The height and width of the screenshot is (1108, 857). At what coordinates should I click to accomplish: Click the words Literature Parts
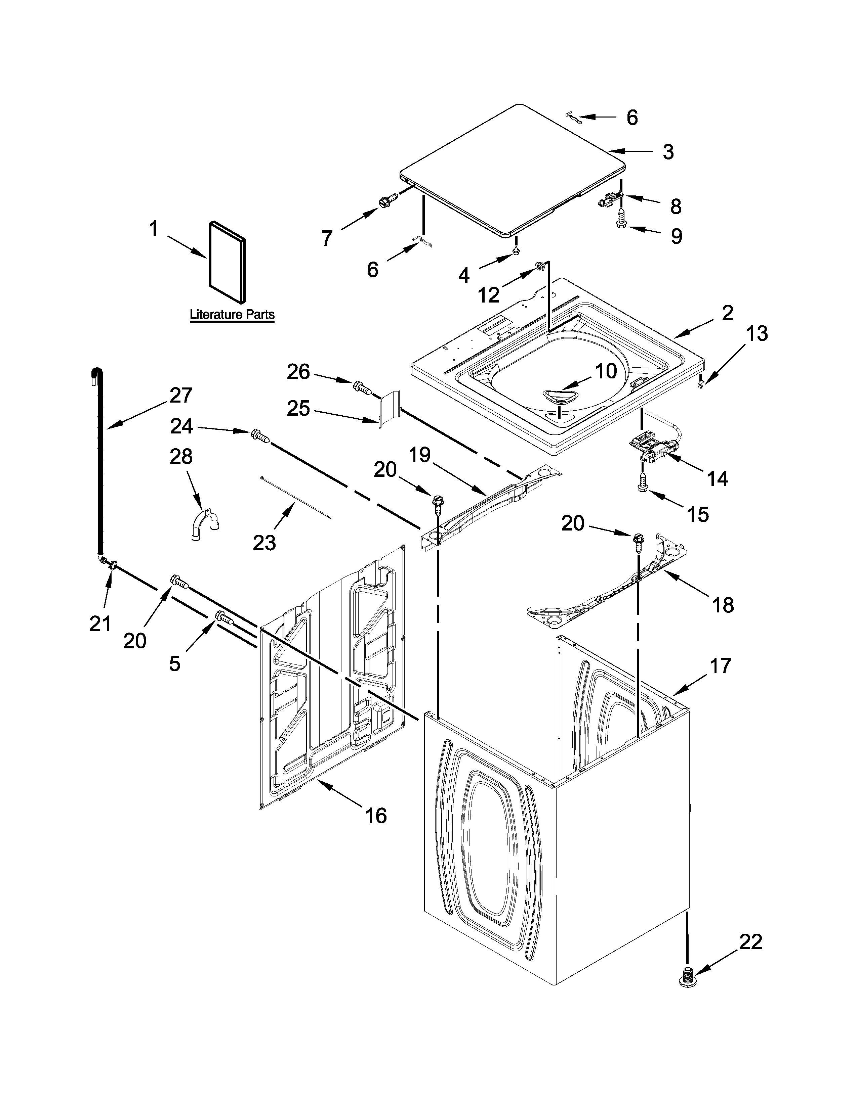(232, 315)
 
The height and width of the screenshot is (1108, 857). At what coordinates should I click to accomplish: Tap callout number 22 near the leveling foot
(750, 942)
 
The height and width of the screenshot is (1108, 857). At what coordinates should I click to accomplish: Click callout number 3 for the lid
(668, 152)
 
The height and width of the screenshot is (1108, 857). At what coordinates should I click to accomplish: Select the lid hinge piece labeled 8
(611, 199)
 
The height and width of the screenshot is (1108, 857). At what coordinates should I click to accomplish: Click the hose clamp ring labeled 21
(112, 564)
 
